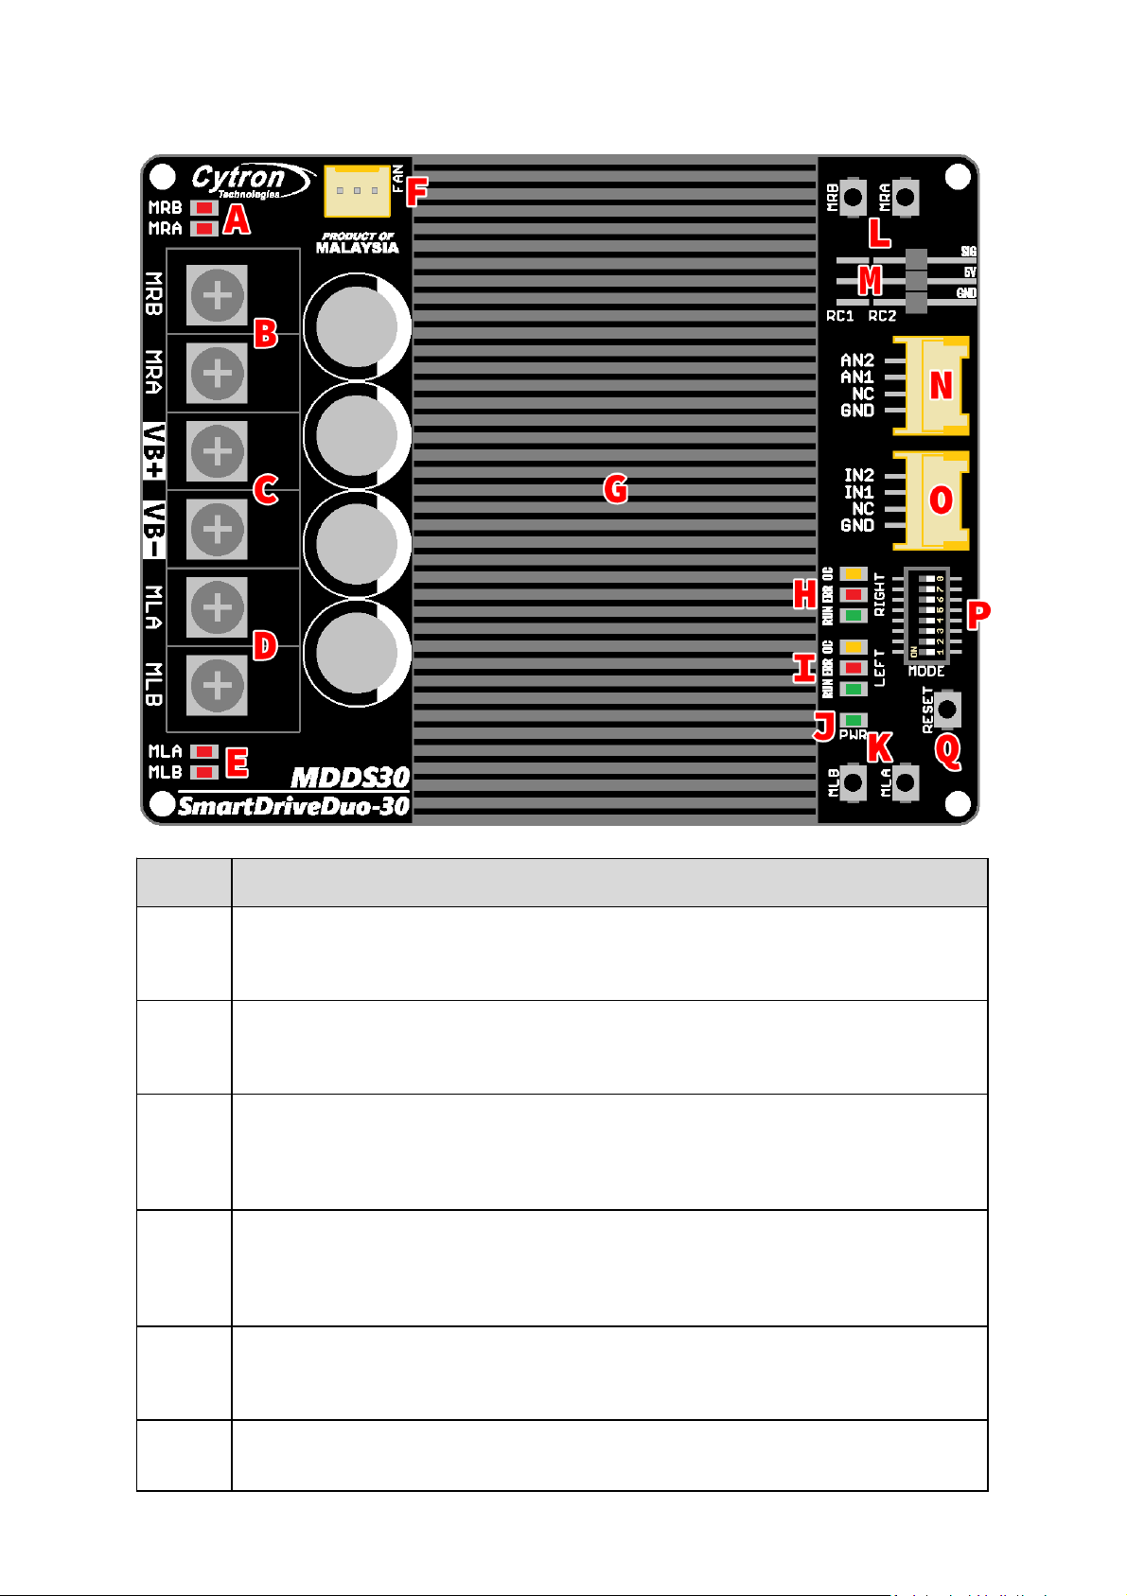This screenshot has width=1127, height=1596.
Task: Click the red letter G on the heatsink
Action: tap(616, 489)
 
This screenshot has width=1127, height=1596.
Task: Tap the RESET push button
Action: tap(947, 708)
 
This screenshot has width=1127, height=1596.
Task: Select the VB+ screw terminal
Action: tap(218, 451)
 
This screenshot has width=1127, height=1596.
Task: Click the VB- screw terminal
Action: tap(218, 529)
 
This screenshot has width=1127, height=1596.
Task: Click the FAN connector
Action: tap(357, 190)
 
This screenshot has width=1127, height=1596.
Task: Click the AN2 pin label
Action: tap(857, 360)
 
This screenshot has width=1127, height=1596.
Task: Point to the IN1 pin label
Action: tap(859, 492)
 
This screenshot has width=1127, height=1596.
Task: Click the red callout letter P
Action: tap(977, 614)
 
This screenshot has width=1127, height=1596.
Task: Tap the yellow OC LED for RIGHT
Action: tap(854, 574)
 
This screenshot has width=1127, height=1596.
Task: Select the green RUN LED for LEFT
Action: tap(854, 689)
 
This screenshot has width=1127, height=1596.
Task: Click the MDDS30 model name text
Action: tap(350, 779)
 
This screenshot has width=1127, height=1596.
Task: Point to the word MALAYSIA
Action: tap(357, 249)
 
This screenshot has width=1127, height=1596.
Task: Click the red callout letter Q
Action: tap(947, 752)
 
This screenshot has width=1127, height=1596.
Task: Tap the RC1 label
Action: tap(840, 316)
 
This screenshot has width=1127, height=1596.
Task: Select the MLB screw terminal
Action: tap(218, 685)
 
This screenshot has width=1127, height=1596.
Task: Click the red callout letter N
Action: tap(941, 386)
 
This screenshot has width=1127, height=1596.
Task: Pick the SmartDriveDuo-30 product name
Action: tap(293, 807)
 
